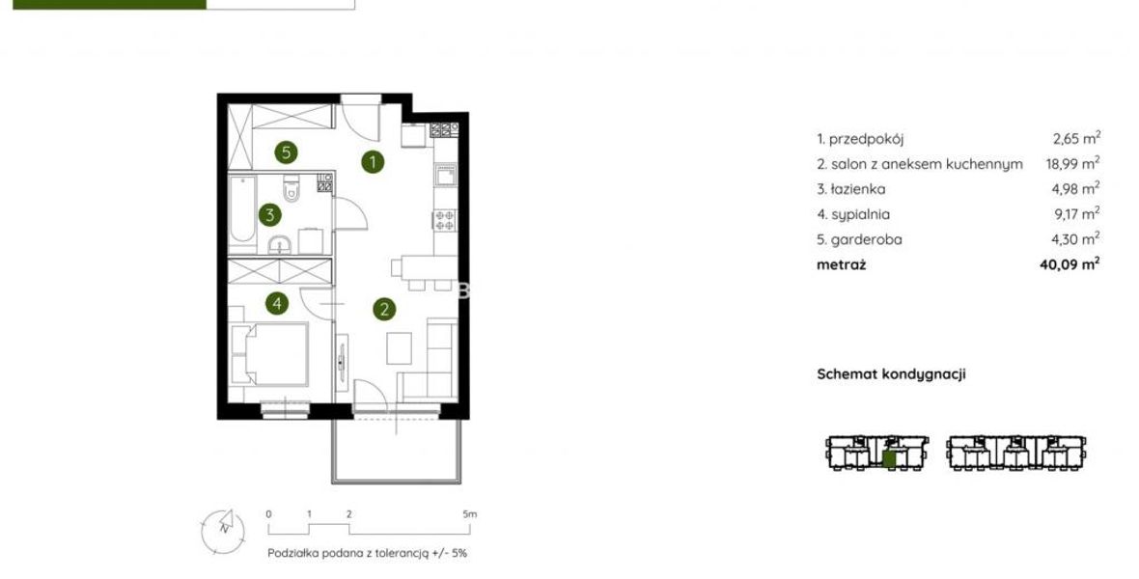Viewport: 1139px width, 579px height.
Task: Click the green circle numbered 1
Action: click(373, 161)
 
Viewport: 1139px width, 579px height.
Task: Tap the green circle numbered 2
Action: click(384, 310)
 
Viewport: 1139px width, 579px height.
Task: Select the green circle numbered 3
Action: click(270, 215)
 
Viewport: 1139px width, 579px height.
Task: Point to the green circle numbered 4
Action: click(277, 303)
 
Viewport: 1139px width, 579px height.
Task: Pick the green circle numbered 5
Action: click(287, 152)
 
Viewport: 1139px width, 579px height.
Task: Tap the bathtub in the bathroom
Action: click(242, 211)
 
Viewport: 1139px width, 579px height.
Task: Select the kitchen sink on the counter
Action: click(445, 176)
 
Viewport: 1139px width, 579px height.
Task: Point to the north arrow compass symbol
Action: click(224, 529)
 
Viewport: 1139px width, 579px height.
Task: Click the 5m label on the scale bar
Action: click(470, 514)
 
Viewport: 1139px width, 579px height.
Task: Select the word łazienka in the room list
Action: click(857, 189)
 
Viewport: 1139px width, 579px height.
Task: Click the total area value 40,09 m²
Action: click(1070, 264)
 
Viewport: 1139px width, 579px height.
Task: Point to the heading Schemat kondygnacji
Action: click(891, 374)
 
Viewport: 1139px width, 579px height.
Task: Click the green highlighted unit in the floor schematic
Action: click(889, 458)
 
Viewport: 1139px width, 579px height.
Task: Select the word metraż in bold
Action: click(841, 264)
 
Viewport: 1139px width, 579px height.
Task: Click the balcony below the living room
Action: click(397, 452)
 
